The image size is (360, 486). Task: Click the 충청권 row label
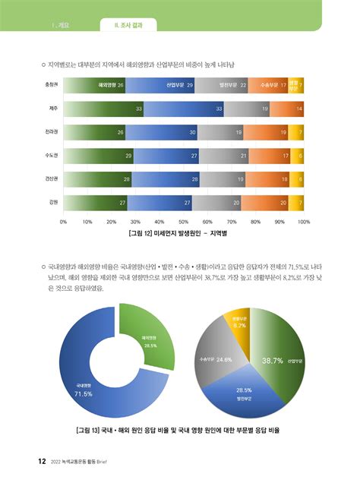[x=52, y=86]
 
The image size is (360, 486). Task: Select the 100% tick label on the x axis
[x=304, y=222]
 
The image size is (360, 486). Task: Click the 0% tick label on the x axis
[x=64, y=222]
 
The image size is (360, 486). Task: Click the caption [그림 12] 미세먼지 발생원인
[x=183, y=233]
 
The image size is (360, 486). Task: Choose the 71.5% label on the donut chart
[x=83, y=393]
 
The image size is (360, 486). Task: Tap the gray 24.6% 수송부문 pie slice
[x=216, y=357]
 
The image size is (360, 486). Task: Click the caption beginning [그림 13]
[x=179, y=430]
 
